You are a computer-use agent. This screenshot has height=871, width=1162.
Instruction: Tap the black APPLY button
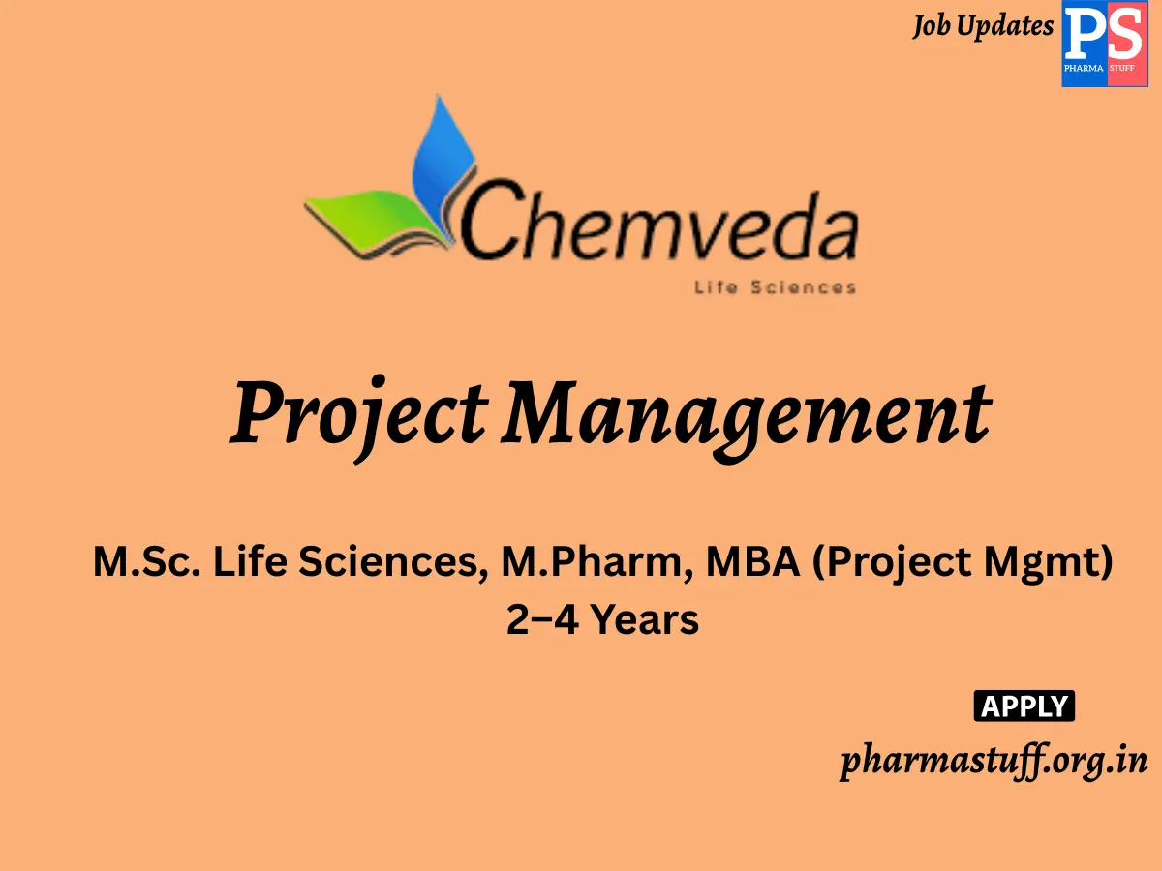1024,706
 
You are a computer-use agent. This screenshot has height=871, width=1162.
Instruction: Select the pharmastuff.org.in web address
994,760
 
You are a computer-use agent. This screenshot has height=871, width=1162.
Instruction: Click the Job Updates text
982,26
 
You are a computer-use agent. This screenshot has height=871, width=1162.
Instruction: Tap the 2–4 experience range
543,619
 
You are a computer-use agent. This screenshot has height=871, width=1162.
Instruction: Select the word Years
644,619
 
